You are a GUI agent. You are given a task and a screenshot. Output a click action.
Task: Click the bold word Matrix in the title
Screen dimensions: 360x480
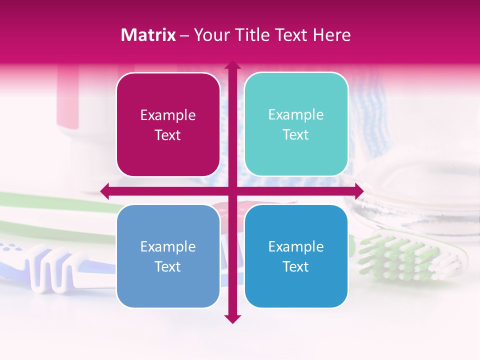(148, 35)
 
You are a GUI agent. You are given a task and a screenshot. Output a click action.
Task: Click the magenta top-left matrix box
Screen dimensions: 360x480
(168, 125)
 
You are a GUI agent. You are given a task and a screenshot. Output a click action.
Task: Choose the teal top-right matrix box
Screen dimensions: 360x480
(296, 124)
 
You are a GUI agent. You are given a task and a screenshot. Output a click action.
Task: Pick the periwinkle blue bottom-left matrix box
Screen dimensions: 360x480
(168, 256)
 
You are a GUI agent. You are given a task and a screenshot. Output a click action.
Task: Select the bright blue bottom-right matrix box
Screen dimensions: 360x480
(296, 256)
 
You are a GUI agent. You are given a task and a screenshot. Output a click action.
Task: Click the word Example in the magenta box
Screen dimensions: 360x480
(168, 115)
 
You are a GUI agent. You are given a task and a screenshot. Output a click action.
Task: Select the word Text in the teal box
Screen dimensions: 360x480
(296, 135)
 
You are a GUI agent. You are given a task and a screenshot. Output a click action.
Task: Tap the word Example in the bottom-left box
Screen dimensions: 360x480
(168, 246)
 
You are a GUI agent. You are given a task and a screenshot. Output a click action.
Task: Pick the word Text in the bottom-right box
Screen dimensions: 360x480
(296, 266)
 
